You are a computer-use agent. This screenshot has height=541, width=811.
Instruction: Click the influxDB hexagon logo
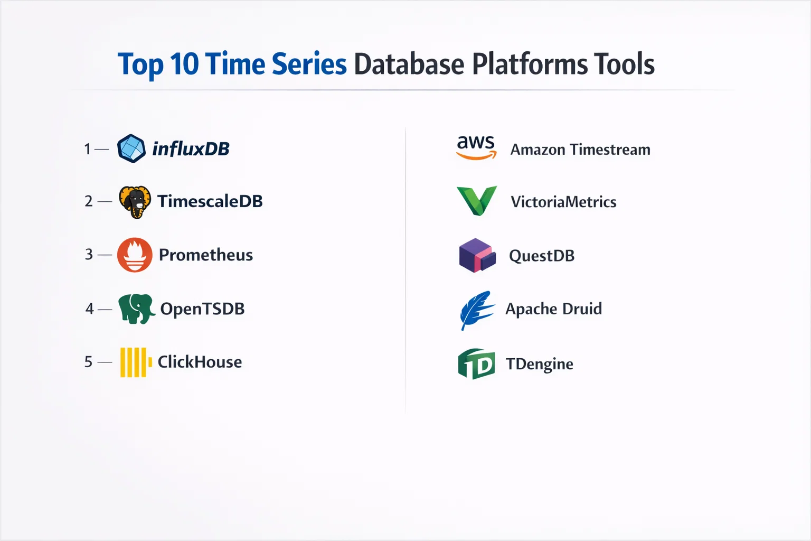pyautogui.click(x=131, y=148)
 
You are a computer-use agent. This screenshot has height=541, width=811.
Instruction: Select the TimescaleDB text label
pyautogui.click(x=210, y=201)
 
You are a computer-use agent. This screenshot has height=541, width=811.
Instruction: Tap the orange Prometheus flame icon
pyautogui.click(x=135, y=255)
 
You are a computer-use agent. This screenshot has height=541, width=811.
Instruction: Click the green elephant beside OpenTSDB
pyautogui.click(x=137, y=309)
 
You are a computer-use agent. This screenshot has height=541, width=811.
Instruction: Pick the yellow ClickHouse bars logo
pyautogui.click(x=136, y=362)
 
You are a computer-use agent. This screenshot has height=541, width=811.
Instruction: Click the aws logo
pyautogui.click(x=476, y=147)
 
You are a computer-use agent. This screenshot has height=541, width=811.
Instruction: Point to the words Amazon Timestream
pyautogui.click(x=580, y=150)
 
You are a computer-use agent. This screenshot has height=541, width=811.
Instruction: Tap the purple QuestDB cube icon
pyautogui.click(x=477, y=256)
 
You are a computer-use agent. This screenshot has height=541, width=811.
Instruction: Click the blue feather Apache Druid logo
pyautogui.click(x=476, y=310)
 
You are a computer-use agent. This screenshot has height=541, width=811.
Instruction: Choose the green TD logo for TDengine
pyautogui.click(x=476, y=364)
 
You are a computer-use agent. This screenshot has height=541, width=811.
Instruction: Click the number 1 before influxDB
pyautogui.click(x=88, y=149)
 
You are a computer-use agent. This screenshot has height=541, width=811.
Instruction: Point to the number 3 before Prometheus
pyautogui.click(x=89, y=254)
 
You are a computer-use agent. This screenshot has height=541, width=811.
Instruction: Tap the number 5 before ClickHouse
pyautogui.click(x=89, y=361)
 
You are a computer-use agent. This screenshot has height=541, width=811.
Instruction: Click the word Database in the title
pyautogui.click(x=409, y=64)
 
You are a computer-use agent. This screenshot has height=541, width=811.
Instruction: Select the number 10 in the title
pyautogui.click(x=184, y=64)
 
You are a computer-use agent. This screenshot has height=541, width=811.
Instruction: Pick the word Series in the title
pyautogui.click(x=309, y=64)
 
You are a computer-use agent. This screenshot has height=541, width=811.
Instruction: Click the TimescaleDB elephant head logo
pyautogui.click(x=135, y=202)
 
